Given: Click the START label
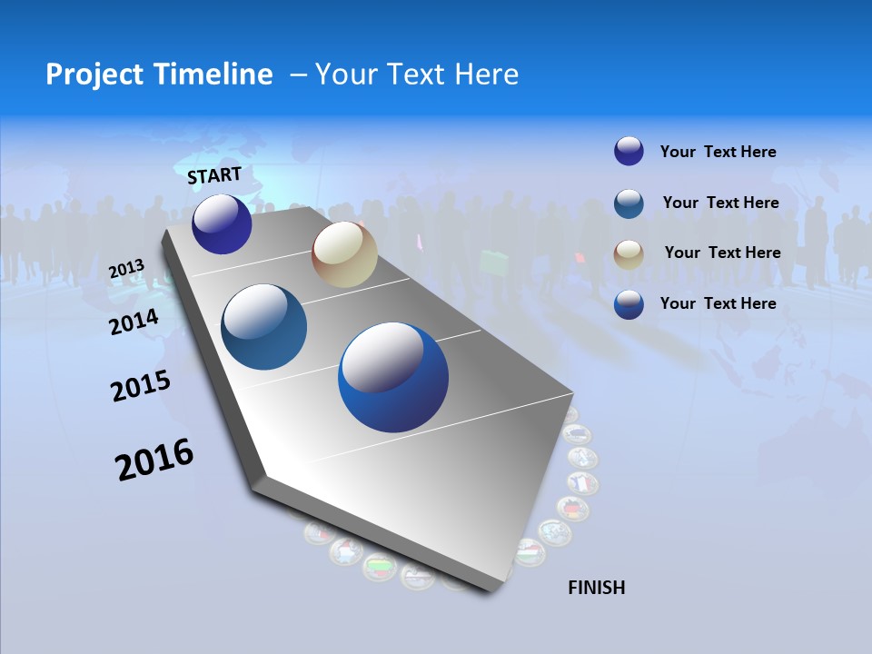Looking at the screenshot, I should (214, 175).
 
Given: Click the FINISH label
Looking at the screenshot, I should (596, 588).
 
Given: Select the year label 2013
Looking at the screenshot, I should (126, 269).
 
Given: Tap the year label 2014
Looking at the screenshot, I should (134, 322).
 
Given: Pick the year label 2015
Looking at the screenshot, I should (141, 385).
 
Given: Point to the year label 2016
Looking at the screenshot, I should (154, 459).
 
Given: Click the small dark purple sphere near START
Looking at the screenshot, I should (222, 224).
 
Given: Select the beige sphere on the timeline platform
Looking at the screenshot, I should (344, 254).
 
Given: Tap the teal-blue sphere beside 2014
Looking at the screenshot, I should (263, 327).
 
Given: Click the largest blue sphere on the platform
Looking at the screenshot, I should (393, 377).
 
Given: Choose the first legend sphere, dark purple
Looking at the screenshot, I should (629, 151).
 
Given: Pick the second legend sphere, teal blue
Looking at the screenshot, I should (629, 203).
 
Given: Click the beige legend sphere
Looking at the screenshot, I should (629, 253).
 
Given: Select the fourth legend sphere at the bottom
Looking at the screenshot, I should (629, 304).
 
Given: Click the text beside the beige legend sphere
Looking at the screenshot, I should (722, 253).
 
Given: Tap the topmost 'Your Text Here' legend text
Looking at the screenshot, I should (718, 152).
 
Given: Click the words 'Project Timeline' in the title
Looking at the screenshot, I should (159, 74).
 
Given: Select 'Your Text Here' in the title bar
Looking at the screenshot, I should (416, 74).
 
